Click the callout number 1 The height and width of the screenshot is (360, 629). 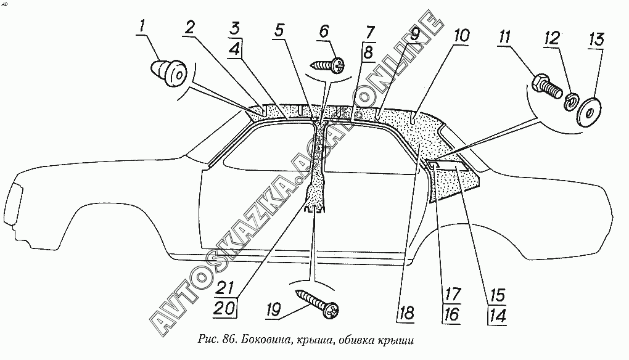[x=142, y=27]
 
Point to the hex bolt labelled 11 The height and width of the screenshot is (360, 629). [x=545, y=87]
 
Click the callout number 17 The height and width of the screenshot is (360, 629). [x=451, y=294]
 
